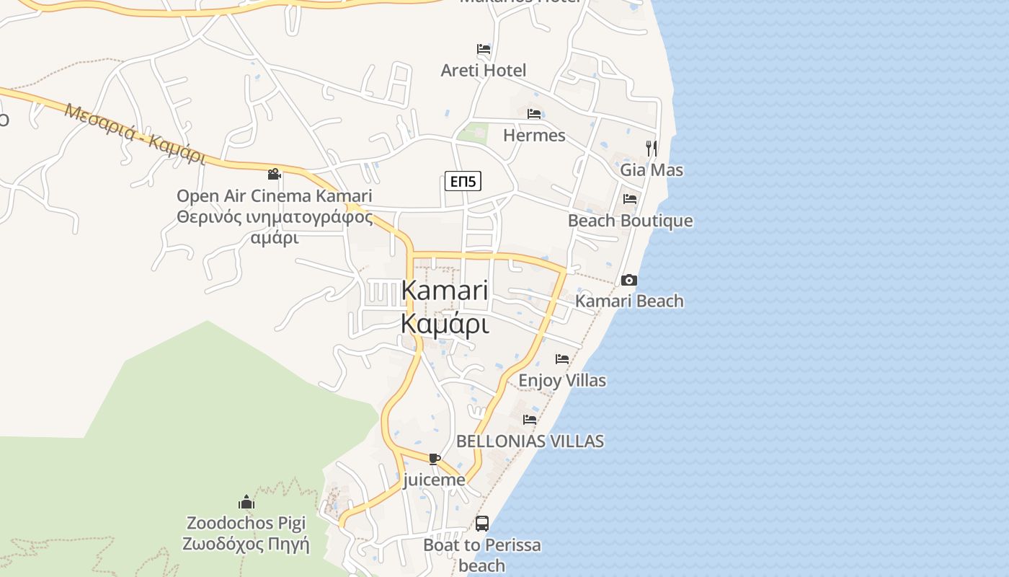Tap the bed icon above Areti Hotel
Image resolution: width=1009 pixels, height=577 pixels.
tap(484, 49)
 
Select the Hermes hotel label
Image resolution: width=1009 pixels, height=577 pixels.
tap(534, 135)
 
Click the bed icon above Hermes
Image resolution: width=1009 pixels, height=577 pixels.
tap(534, 114)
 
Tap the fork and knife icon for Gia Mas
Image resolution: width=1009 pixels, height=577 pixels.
tap(652, 149)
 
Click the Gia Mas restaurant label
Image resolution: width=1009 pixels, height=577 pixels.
tap(652, 170)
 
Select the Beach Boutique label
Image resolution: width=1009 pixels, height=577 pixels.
tap(630, 221)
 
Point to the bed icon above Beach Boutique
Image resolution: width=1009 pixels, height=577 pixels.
tap(630, 199)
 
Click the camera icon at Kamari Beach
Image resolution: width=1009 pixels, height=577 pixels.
tap(629, 280)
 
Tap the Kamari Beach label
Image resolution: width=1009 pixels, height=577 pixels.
tap(629, 301)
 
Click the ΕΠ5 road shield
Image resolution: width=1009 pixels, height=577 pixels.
tap(462, 181)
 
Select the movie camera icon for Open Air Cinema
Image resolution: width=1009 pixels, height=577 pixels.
tap(274, 174)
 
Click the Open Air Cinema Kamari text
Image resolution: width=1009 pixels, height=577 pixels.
tap(274, 195)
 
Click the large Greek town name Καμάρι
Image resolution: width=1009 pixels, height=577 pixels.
tap(445, 324)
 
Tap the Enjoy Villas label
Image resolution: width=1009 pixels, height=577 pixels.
tap(562, 380)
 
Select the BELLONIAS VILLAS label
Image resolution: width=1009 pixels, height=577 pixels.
tap(530, 441)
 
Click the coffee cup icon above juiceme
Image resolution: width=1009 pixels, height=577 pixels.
tap(434, 459)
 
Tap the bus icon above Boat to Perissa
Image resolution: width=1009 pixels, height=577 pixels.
tap(482, 524)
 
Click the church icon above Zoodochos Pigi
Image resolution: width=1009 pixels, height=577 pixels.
tap(246, 502)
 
